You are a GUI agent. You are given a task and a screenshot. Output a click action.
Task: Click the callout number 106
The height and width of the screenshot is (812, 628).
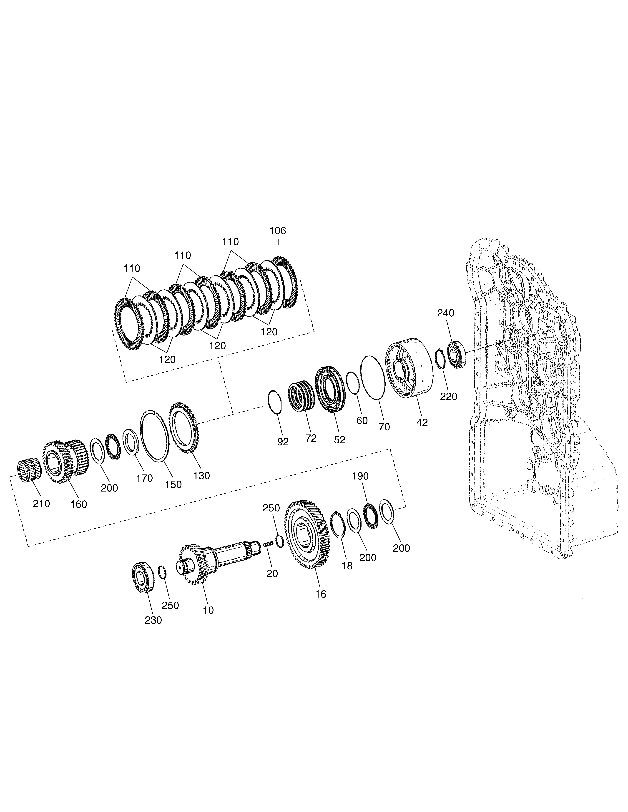[278, 231]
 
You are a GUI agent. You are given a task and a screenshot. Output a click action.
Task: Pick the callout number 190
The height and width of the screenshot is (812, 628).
[360, 476]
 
